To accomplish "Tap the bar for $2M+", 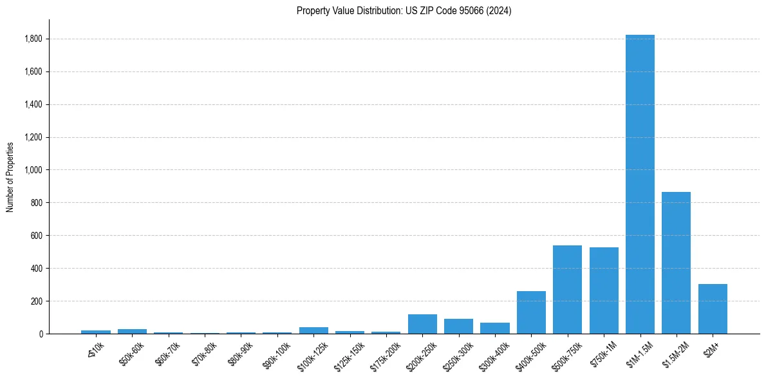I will point(713,309).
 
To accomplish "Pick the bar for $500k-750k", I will point(567,289).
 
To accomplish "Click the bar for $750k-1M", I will point(604,290).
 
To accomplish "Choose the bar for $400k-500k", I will point(531,312).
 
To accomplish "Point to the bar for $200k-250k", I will point(422,324).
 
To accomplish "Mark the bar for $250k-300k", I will point(458,326).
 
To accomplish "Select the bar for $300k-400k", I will point(495,328).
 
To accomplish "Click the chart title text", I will point(404,11).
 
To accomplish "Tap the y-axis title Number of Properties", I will point(10,176).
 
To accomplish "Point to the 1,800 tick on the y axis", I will point(33,39).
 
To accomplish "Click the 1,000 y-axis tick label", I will point(33,170).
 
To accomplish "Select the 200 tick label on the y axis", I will point(36,301).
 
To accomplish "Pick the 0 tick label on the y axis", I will point(40,334).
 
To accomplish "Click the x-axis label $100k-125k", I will point(313,353).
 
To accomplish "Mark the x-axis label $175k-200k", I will point(385,353).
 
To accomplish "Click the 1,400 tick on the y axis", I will point(33,104).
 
